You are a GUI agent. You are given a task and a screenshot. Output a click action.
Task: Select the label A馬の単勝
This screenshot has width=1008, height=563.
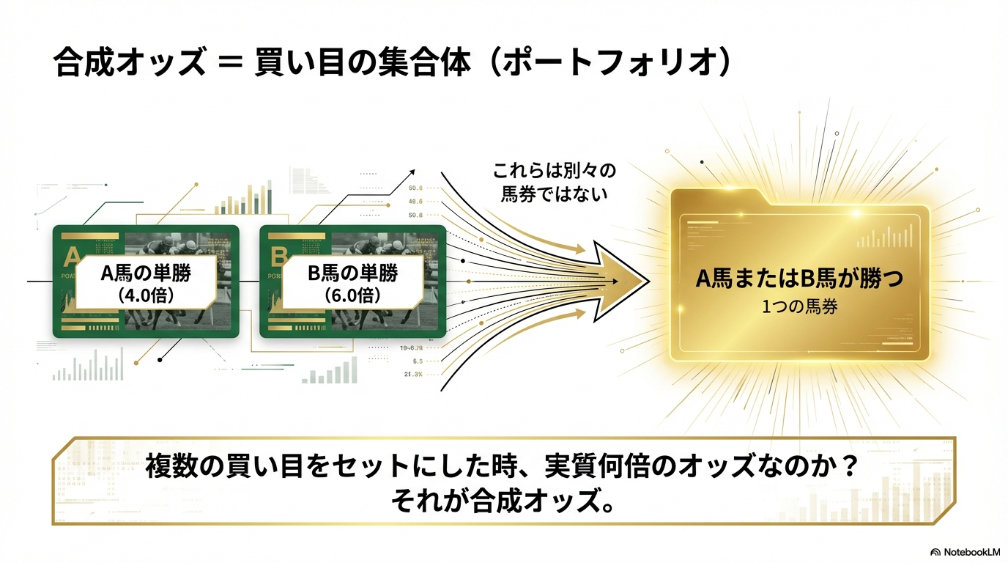coord(146,273)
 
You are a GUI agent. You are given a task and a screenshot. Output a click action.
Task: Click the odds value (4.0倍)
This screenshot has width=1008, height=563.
coord(146,295)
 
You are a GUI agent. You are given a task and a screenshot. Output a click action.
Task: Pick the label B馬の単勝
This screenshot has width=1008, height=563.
coord(352,273)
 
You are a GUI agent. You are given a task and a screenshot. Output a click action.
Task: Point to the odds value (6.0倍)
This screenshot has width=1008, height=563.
coord(352,295)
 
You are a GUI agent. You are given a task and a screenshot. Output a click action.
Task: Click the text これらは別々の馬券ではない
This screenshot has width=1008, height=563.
coord(555,183)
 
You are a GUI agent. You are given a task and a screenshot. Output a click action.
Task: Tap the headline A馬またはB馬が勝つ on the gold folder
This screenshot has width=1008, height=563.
coord(799,279)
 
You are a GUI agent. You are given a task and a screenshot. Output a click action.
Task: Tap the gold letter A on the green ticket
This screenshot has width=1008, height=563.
coord(73,256)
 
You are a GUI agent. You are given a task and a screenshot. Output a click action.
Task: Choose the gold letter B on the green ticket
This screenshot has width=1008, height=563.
coord(278,256)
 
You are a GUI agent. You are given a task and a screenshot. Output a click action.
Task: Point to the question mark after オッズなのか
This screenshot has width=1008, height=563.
coord(850,466)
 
